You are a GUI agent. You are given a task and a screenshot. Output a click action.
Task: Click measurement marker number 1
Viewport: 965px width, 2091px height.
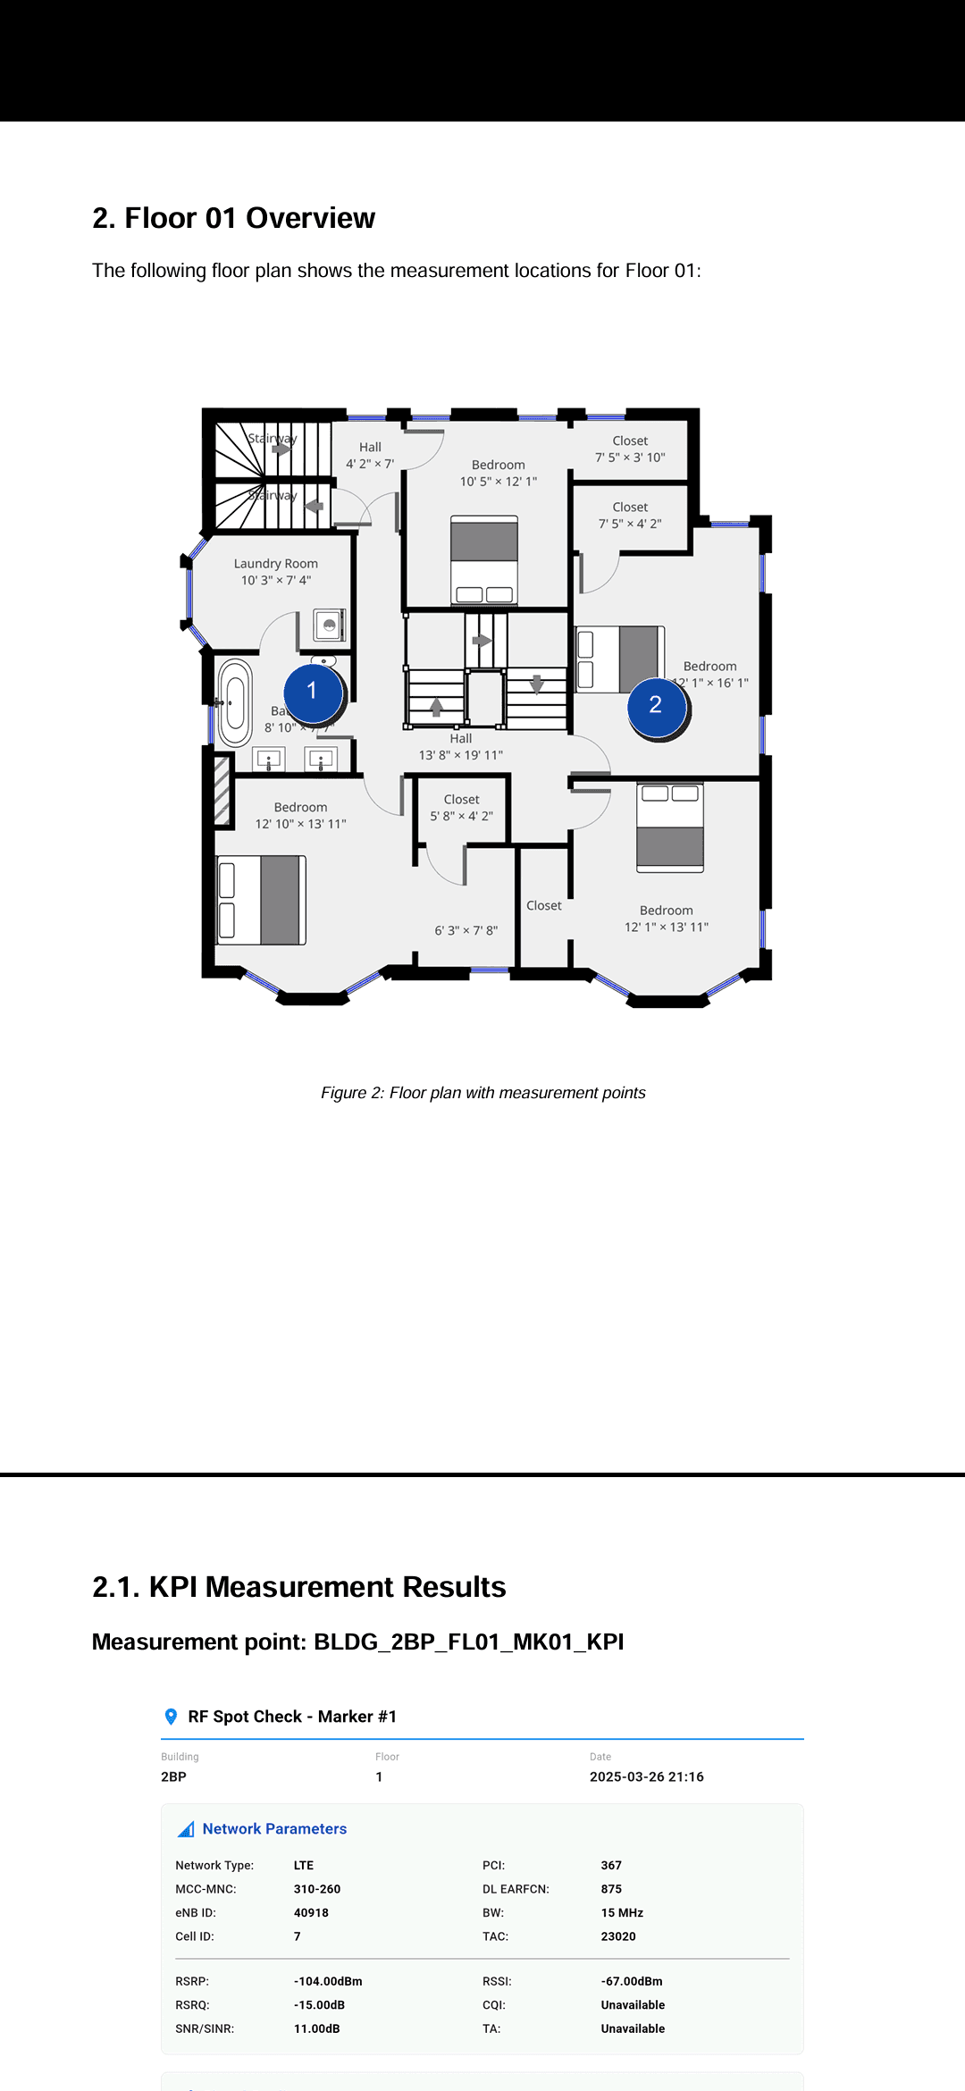pos(313,692)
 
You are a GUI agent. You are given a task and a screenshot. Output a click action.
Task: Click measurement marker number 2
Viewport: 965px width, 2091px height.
pos(656,706)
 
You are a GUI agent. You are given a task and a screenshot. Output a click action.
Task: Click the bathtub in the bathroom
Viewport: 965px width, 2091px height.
pos(235,703)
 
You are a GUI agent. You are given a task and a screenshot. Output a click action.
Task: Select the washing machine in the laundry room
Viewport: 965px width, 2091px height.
pos(330,625)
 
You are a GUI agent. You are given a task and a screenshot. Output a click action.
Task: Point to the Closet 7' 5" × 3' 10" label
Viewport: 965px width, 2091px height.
pos(630,449)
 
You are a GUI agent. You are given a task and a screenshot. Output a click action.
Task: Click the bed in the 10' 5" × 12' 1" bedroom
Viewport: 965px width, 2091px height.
pos(484,560)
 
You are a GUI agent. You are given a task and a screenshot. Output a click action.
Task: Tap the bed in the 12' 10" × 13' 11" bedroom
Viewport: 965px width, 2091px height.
pos(262,900)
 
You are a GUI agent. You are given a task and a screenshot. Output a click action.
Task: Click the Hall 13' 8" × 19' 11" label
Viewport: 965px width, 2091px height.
pos(461,747)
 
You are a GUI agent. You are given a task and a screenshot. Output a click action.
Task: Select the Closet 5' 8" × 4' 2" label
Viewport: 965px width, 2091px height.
pos(462,808)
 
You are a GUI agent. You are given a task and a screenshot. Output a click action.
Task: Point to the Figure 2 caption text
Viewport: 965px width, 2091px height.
pos(482,1093)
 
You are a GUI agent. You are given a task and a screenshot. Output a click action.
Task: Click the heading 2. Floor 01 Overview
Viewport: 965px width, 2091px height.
pos(234,218)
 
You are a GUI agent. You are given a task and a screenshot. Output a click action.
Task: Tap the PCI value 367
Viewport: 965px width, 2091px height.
pos(611,1865)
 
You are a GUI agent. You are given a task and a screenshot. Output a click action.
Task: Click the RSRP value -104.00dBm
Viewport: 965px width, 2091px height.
pos(328,1981)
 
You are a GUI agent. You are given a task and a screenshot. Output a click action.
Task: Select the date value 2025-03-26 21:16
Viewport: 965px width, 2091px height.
pos(646,1776)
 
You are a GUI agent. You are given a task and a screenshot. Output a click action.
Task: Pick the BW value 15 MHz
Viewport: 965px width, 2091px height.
pos(622,1912)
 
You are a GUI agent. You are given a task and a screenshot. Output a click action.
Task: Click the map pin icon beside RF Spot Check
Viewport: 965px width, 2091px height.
pos(172,1717)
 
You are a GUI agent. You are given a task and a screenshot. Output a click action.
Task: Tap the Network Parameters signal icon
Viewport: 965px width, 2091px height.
pos(186,1829)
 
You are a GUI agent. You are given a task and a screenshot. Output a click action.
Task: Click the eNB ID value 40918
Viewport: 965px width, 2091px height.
pos(311,1912)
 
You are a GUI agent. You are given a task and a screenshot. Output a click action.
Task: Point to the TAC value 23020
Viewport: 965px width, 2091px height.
pos(618,1936)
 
